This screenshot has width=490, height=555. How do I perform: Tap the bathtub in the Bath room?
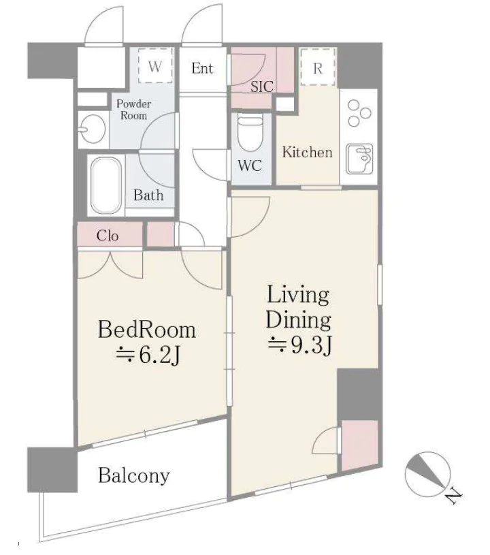click(x=105, y=185)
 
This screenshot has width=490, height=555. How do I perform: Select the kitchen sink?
click(x=359, y=159)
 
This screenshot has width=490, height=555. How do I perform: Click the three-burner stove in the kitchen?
click(x=359, y=113)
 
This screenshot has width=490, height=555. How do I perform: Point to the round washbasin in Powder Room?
click(x=93, y=129)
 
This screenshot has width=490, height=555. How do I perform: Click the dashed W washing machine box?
click(x=155, y=65)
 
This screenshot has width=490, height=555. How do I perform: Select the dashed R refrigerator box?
click(x=318, y=67)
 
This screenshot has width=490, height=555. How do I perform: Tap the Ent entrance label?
click(x=202, y=68)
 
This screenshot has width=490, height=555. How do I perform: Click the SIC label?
click(x=262, y=86)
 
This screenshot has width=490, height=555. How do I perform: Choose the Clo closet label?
click(x=108, y=236)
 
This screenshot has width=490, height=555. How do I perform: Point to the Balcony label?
click(x=134, y=476)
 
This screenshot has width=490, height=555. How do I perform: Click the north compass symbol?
click(x=427, y=474)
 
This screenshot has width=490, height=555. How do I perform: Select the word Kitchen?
click(x=308, y=153)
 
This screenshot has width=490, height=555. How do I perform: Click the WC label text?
click(x=250, y=165)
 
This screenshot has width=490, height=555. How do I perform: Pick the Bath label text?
click(x=148, y=195)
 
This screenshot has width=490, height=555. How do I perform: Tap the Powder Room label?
click(x=134, y=110)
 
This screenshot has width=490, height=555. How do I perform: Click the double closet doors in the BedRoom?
click(x=110, y=265)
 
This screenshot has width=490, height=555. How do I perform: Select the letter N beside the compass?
click(x=453, y=496)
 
